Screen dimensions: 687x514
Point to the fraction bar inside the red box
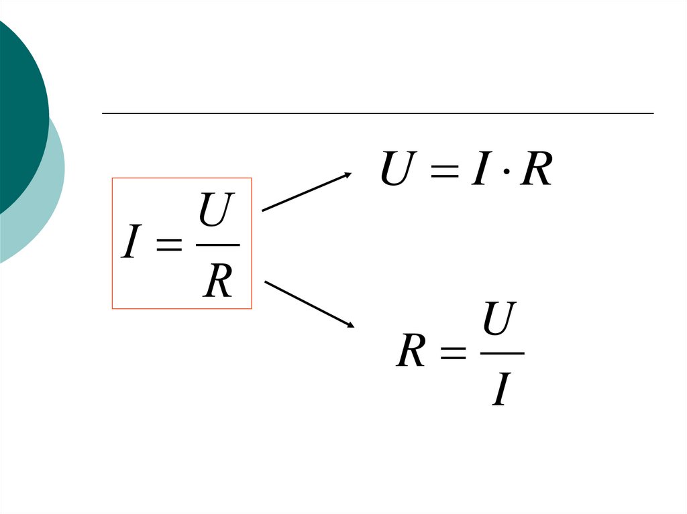point(217,245)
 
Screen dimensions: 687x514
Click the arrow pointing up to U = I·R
point(306,192)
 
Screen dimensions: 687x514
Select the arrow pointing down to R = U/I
point(309,304)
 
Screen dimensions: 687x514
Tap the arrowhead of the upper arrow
point(348,175)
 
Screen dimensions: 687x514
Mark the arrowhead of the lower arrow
point(350,324)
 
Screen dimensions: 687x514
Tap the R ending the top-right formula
point(536,170)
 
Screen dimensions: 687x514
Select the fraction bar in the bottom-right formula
point(503,353)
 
